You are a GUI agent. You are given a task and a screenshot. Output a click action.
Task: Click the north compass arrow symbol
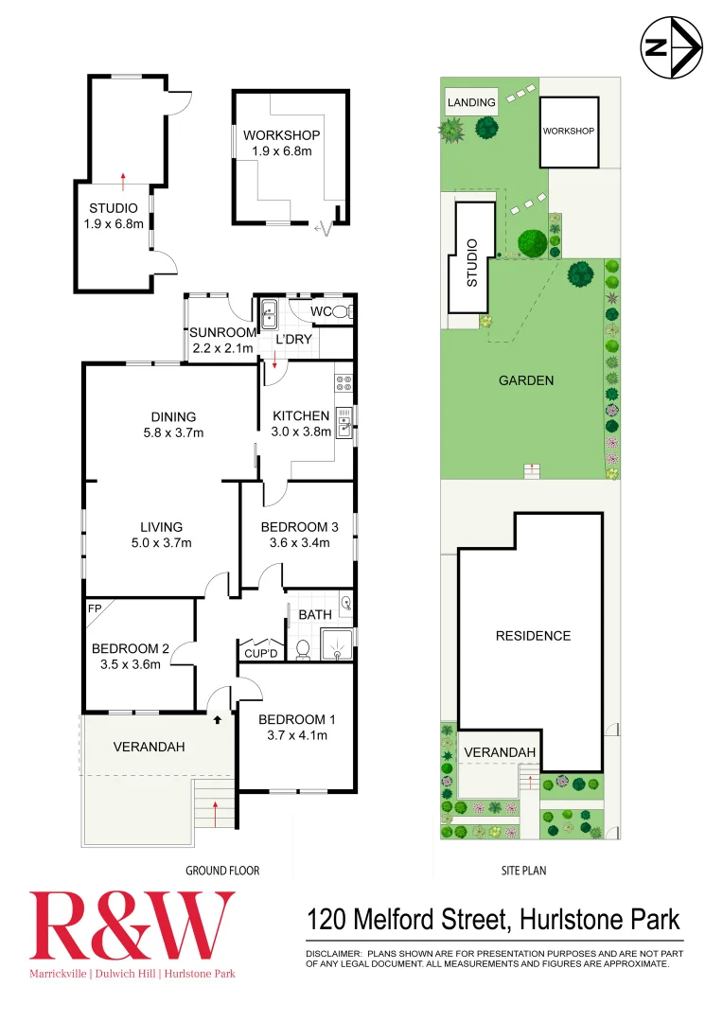pos(671,48)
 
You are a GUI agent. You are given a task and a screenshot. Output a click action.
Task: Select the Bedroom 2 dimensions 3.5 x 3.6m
pos(130,663)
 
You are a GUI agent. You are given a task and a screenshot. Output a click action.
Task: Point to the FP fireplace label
pos(94,608)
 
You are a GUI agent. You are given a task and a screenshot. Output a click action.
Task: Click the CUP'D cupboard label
pos(260,654)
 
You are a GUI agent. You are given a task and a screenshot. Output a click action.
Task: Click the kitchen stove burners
pos(344,385)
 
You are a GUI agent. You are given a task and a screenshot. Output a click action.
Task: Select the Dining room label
pos(173,416)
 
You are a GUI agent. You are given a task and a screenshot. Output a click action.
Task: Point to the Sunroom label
pos(222,332)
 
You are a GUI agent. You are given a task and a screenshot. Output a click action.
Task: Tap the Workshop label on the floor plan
pos(281,135)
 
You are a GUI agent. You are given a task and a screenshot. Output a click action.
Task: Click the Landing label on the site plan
pos(471,102)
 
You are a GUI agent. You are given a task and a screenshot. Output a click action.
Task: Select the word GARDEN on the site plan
pos(526,380)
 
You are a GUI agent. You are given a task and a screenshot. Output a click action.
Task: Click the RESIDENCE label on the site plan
pos(533,636)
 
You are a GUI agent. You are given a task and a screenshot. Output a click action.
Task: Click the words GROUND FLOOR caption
pos(222,871)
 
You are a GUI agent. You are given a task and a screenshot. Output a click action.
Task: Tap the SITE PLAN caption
pos(523,871)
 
